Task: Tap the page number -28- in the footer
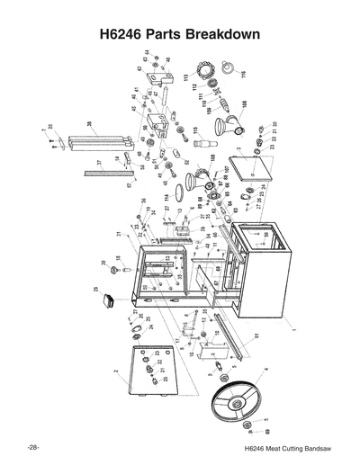[x=32, y=447]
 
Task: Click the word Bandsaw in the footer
[x=316, y=448]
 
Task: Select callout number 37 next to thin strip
[x=99, y=163]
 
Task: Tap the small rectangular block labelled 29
[x=113, y=300]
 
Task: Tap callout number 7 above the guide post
[x=43, y=131]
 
